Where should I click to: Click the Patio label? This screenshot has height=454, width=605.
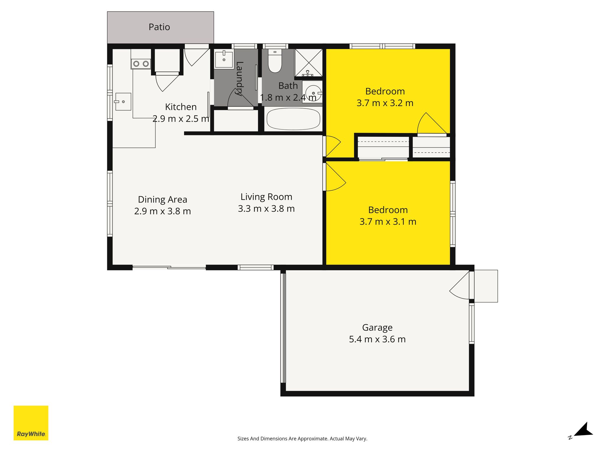point(159,27)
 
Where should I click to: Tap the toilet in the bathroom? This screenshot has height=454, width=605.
point(275,61)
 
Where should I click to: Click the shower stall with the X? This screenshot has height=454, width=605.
point(308,63)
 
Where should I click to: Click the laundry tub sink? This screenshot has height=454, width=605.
point(224,60)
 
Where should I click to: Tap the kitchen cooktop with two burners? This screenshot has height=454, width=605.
point(141,64)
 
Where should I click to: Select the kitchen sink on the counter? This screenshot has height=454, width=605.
point(123,102)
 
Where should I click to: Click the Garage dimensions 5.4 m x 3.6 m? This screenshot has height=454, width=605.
point(377,339)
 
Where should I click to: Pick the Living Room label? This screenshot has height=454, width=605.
point(266,197)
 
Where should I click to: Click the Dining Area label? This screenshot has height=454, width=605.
point(162,200)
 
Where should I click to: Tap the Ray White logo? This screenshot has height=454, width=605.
point(31,423)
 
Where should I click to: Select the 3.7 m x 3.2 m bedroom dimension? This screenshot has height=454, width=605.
point(385,103)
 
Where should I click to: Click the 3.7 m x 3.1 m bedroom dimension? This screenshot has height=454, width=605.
point(388,222)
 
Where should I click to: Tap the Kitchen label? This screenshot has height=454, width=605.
point(181,107)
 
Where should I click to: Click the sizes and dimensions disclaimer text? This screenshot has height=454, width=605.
point(302,439)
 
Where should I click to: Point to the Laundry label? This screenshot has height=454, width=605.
point(240,79)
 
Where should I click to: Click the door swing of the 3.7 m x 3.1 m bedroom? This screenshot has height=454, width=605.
point(336,177)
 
